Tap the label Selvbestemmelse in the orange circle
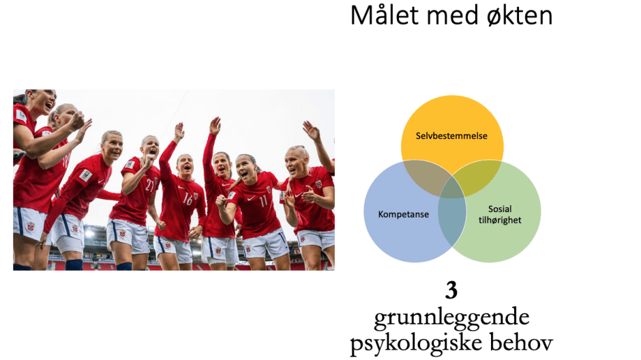(x=452, y=136)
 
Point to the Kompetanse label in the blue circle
(x=403, y=215)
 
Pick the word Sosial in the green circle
(x=499, y=209)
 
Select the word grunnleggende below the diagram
(x=451, y=317)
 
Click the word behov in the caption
(x=521, y=343)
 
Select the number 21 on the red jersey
(x=149, y=185)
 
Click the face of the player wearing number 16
(x=184, y=166)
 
